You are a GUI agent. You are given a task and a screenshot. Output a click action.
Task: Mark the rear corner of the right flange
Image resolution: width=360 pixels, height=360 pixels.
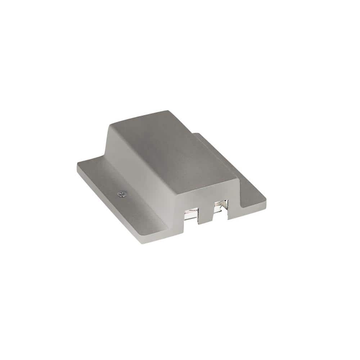coord(196,134)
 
